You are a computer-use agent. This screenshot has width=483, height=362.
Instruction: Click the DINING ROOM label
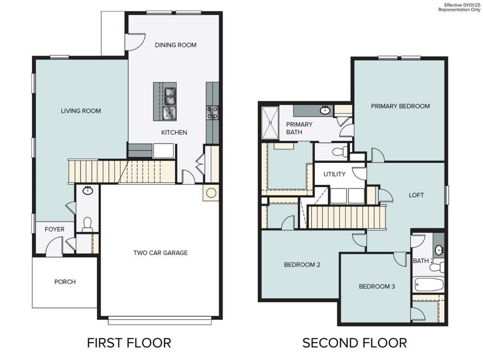[x=175, y=45]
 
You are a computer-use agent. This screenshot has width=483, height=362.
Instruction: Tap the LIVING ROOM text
[x=80, y=111]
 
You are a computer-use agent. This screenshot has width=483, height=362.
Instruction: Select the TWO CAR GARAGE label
[x=161, y=253]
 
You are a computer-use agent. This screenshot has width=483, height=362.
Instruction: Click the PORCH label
[x=65, y=282]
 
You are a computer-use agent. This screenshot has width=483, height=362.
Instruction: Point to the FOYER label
[x=54, y=229]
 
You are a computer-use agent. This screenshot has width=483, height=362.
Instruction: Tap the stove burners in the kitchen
[x=212, y=112]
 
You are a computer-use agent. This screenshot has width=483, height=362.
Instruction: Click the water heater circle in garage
[x=211, y=193]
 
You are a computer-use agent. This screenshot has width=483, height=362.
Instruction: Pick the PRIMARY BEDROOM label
[x=400, y=106]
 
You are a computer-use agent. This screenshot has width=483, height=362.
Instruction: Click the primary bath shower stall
[x=270, y=123]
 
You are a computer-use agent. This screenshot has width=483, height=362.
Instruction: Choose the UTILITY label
[x=334, y=174]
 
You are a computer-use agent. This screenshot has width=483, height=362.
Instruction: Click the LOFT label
[x=416, y=195]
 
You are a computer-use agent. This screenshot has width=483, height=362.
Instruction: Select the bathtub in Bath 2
[x=429, y=285]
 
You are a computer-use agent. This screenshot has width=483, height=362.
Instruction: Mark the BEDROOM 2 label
[x=302, y=265]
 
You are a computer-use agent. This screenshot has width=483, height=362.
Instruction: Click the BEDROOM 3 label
[x=377, y=286]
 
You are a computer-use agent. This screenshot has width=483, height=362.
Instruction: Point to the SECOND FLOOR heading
[x=354, y=343]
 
